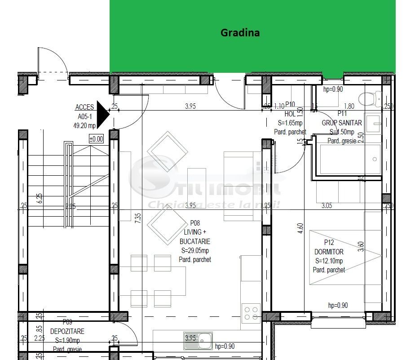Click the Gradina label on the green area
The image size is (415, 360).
240,33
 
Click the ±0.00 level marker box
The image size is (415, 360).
96,139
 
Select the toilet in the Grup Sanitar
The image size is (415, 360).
371,98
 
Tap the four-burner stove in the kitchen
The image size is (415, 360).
251,313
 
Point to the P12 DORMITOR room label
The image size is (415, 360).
329,252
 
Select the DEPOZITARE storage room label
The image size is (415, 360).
67,331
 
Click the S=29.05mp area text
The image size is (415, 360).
195,251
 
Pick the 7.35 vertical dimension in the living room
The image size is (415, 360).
138,218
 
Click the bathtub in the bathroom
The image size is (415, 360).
349,160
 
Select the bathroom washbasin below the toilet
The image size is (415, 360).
373,123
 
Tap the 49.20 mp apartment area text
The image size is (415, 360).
84,126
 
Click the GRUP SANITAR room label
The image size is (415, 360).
341,123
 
